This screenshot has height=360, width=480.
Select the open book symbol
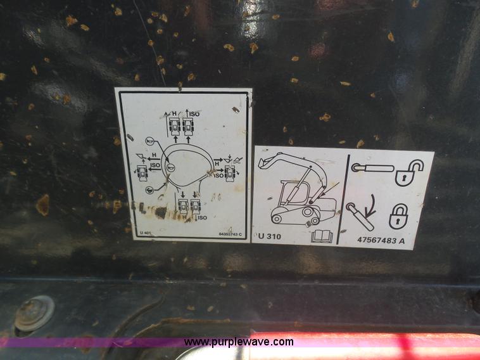pos(322,236)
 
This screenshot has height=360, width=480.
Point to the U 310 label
pos(270,237)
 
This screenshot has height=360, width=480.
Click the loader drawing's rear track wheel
pos(277,219)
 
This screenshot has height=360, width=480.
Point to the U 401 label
pos(145,233)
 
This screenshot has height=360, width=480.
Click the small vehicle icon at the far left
pos(143,172)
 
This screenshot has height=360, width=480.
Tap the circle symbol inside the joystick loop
pos(170,167)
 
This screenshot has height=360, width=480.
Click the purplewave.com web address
pos(239,342)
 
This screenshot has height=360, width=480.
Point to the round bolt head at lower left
pos(33,312)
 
